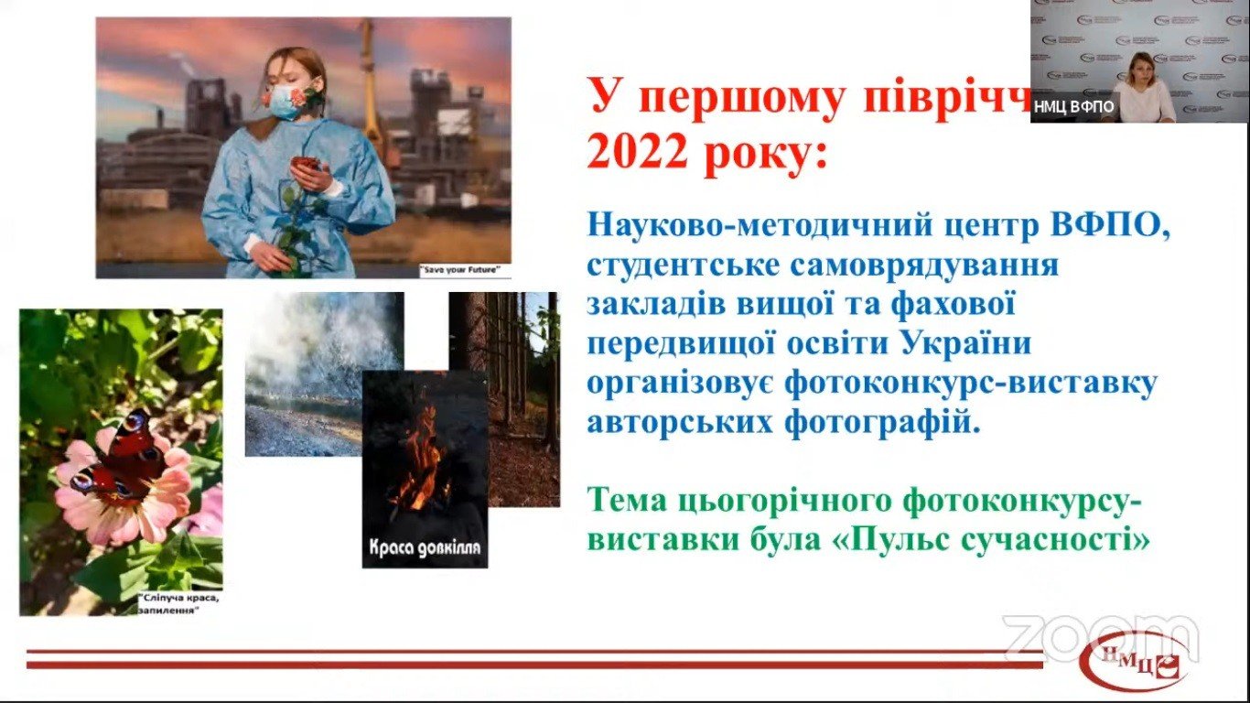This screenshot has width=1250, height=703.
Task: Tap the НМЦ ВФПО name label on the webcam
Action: [x=1074, y=106]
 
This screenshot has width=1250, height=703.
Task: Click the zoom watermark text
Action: [x=1100, y=638]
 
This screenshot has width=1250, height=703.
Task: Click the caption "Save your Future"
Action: [x=464, y=270]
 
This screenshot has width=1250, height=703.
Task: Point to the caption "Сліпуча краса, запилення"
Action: [x=179, y=604]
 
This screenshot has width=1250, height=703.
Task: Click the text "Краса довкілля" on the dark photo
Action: [x=425, y=550]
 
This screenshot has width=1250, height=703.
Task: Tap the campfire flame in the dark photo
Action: [x=421, y=458]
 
